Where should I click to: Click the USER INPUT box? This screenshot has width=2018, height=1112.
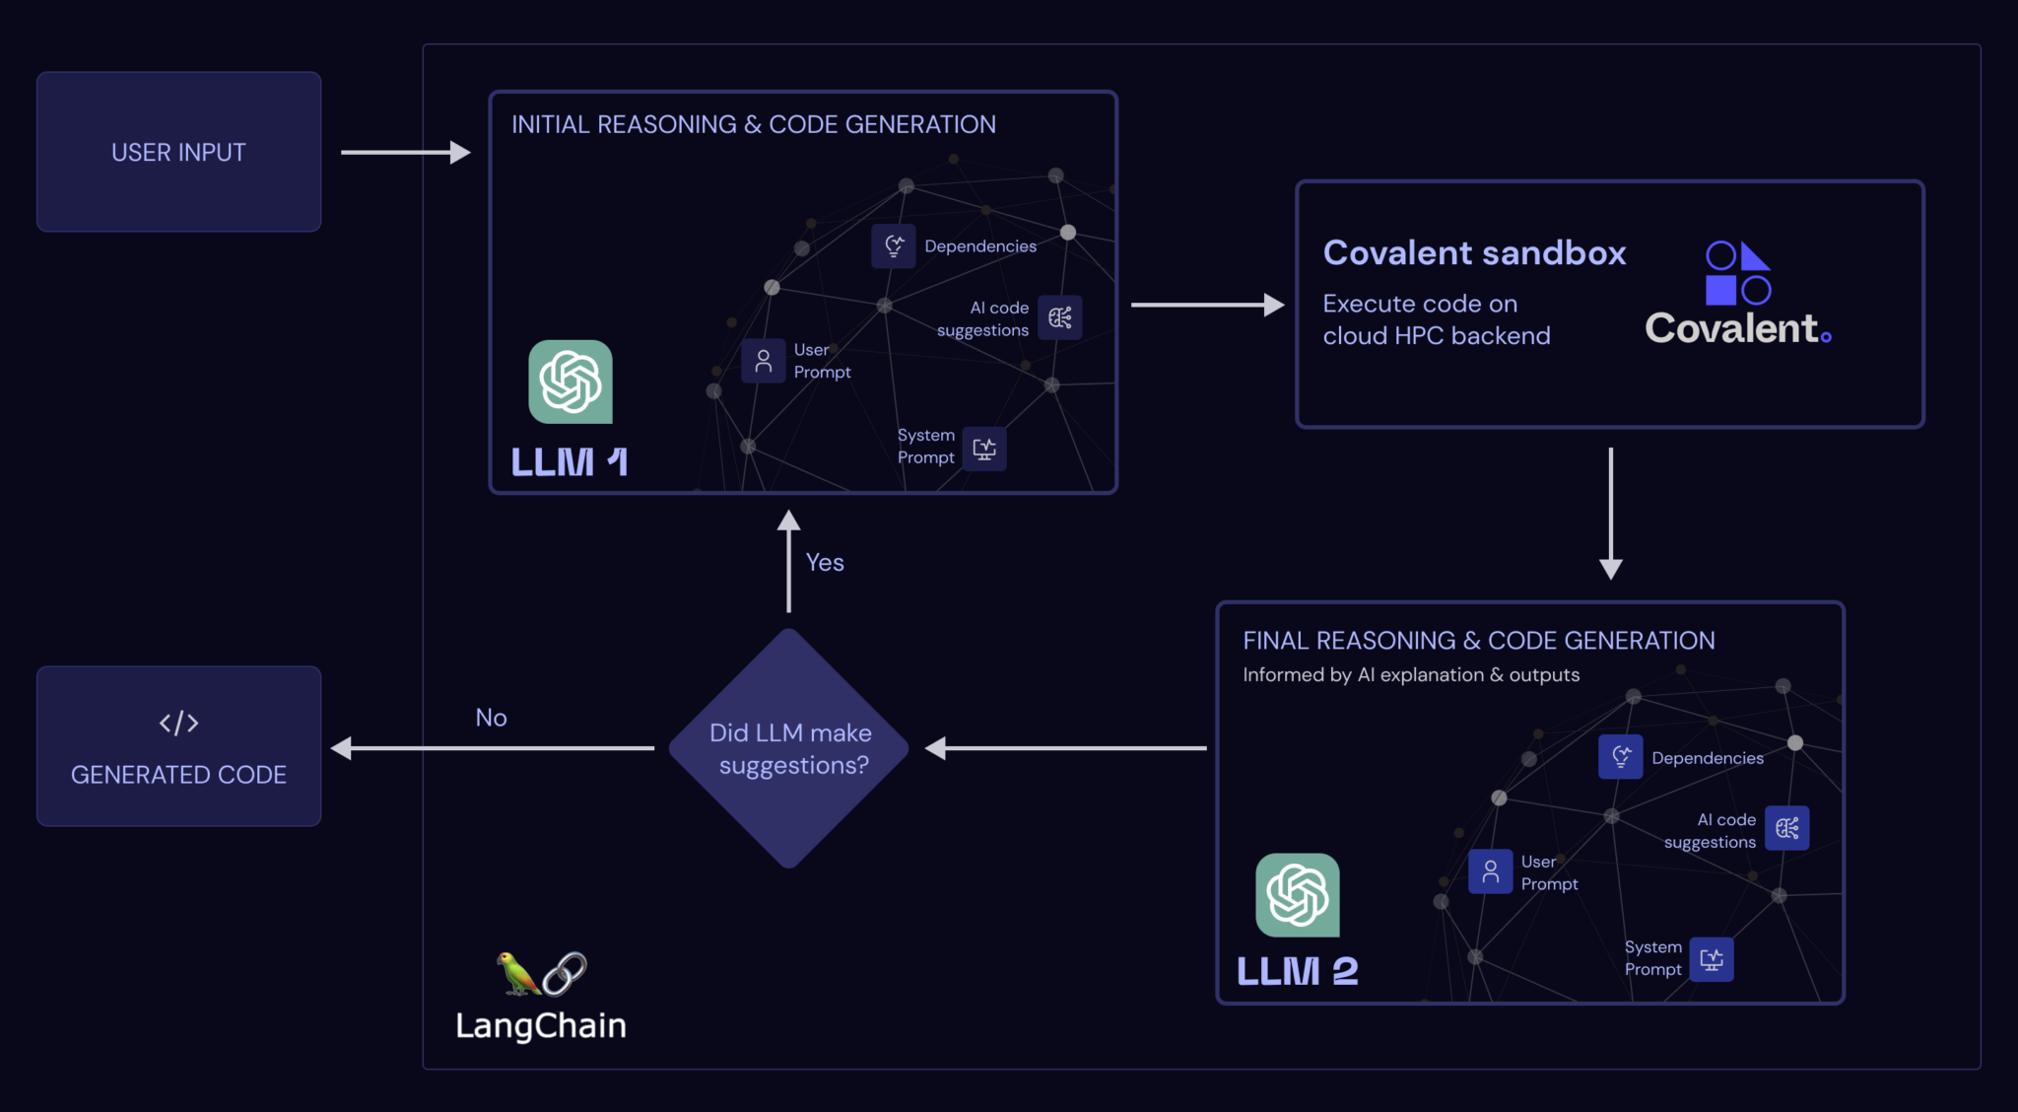(178, 152)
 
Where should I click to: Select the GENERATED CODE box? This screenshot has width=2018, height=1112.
(178, 746)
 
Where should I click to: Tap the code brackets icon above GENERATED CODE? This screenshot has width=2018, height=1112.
(178, 723)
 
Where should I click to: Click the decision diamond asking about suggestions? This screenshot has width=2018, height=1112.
(789, 748)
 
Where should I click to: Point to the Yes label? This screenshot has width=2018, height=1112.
(825, 562)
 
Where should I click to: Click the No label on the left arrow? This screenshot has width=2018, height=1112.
(491, 718)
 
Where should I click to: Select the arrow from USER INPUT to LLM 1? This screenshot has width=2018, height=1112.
(405, 152)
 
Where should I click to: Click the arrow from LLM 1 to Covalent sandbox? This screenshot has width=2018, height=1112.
(1206, 305)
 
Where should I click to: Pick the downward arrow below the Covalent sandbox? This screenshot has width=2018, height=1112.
(1611, 513)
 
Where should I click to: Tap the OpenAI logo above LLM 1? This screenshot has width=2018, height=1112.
(571, 382)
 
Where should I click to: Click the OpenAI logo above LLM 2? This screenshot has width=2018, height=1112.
(1298, 894)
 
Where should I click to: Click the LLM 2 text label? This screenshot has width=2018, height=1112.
(1297, 971)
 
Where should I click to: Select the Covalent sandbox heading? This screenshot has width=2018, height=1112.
(1474, 253)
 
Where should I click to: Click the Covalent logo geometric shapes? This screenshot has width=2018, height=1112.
(1738, 273)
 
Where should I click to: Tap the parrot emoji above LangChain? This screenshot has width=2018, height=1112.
(516, 973)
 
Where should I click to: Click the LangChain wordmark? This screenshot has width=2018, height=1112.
(541, 1025)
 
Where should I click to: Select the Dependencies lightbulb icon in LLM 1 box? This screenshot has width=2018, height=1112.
(894, 245)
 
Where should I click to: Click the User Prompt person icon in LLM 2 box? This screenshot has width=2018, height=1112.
(1491, 871)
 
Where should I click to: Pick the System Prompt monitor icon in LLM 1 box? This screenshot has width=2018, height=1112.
(984, 449)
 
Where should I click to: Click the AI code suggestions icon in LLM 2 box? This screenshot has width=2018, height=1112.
(1787, 828)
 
